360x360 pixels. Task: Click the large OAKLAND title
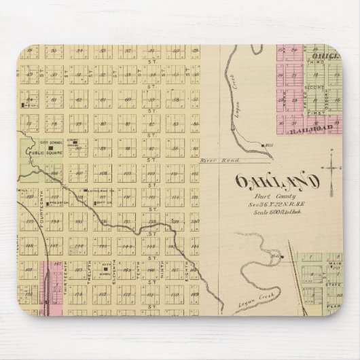[277, 182]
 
